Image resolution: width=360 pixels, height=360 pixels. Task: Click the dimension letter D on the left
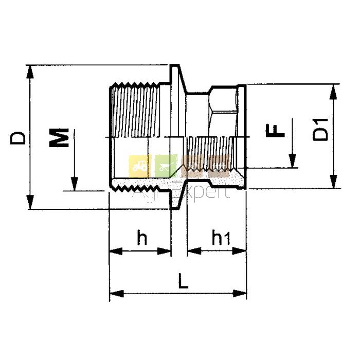click(17, 138)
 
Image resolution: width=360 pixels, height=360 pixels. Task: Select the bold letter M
click(59, 137)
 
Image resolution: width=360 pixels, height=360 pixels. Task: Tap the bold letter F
click(275, 131)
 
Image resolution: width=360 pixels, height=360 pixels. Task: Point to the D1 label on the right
click(320, 129)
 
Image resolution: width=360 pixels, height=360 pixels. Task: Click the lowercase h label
click(142, 237)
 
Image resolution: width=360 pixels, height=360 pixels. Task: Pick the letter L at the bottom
click(183, 281)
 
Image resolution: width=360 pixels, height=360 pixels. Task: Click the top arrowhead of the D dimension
click(30, 73)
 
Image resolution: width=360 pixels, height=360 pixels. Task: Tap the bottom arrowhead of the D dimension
click(30, 202)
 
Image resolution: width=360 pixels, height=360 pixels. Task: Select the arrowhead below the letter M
click(74, 184)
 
